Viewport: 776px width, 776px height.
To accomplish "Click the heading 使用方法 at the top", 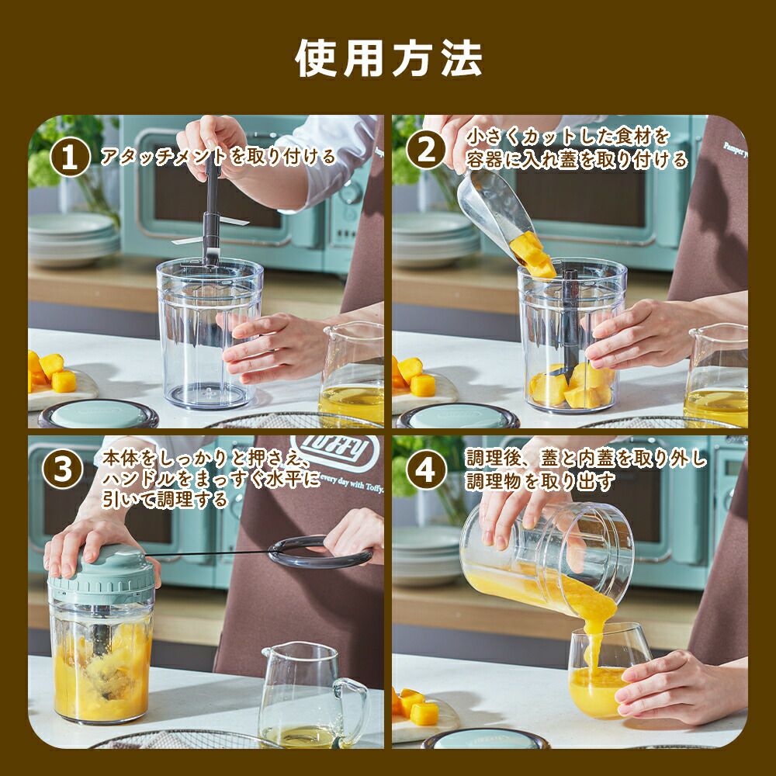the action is (x=389, y=58).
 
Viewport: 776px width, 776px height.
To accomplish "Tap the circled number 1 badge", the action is (x=70, y=157).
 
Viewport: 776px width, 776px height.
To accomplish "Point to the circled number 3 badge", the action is (x=62, y=469).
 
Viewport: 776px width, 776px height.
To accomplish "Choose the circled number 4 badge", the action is (x=426, y=469).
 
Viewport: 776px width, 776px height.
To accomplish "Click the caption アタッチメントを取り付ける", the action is (x=218, y=157).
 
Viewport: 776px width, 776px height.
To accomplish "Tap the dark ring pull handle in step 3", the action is (x=320, y=552).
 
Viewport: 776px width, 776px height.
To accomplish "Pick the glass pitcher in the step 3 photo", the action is (x=313, y=695).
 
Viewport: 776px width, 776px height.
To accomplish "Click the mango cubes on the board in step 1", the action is (x=52, y=372).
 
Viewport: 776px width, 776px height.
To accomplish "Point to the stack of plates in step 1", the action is (x=74, y=240).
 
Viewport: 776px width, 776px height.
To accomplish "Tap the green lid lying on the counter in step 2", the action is (x=458, y=416).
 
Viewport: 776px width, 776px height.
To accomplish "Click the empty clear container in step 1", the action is (x=210, y=334).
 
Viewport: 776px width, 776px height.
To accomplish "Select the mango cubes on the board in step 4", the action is (x=414, y=706).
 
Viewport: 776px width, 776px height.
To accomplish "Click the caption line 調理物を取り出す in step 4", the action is (x=540, y=481).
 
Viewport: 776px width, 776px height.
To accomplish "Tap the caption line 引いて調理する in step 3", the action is (x=165, y=499).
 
